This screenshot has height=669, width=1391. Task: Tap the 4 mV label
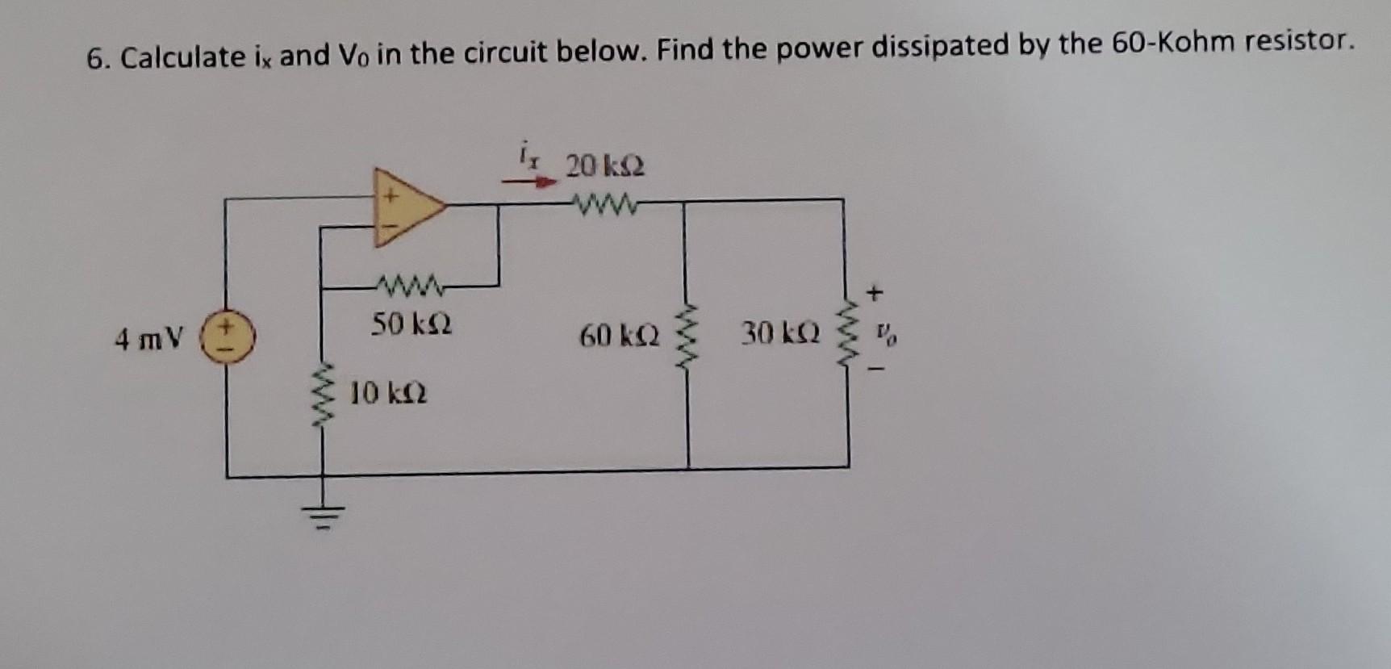click(x=151, y=339)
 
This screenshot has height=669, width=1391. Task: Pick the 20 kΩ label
click(x=605, y=167)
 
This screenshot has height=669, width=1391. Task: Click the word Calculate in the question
click(x=183, y=56)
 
